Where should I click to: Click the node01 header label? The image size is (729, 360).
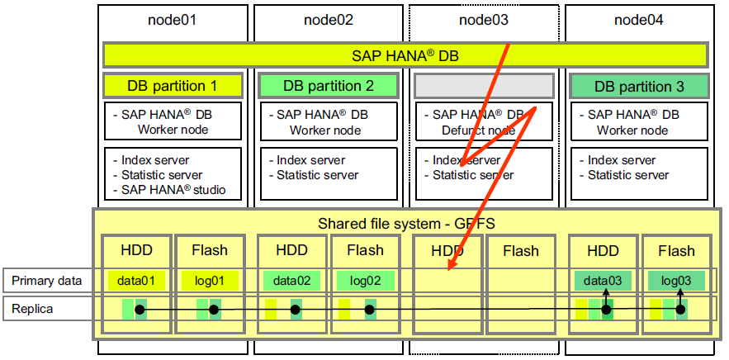[x=173, y=20]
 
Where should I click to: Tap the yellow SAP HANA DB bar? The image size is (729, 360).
[x=405, y=55]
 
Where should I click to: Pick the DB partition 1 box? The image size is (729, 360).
[x=173, y=86]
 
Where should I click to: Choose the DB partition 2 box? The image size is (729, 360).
[x=329, y=86]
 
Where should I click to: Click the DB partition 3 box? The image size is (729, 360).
[x=639, y=86]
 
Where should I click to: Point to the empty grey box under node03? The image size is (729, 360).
[x=483, y=86]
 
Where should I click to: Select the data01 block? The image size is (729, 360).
[x=136, y=281]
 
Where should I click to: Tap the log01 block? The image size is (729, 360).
[x=210, y=281]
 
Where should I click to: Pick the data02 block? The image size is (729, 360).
[x=292, y=281]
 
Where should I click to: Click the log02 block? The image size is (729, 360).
[x=366, y=281]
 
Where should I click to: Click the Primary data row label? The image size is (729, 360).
[x=46, y=281]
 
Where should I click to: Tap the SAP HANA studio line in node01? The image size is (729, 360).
[x=173, y=190]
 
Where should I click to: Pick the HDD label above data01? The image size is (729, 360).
[x=136, y=250]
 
